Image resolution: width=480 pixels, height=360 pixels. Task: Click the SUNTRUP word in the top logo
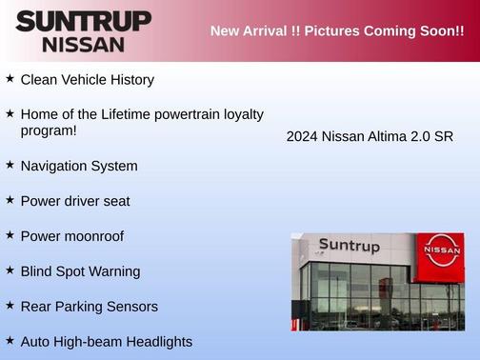[x=83, y=21]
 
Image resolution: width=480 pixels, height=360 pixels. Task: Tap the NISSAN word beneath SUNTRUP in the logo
[x=83, y=44]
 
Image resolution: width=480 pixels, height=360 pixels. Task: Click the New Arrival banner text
[x=337, y=31]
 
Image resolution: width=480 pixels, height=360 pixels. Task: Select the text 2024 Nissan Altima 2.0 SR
[x=370, y=136]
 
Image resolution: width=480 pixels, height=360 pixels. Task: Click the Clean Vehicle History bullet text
[x=87, y=80]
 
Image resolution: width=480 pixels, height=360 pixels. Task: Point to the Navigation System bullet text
[x=79, y=166]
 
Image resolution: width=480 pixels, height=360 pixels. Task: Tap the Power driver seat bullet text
[x=75, y=201]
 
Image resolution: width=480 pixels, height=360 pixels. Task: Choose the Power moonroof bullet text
[x=72, y=236]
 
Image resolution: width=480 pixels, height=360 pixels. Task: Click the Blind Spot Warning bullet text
[x=80, y=271]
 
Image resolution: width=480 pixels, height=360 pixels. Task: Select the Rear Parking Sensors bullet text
[x=90, y=307]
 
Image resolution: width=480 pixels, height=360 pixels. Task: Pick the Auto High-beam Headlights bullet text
[x=106, y=341]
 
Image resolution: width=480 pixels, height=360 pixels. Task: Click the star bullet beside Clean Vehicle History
[x=10, y=78]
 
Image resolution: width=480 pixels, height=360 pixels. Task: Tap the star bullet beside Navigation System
[x=10, y=165]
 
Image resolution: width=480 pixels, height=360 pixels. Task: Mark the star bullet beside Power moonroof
[x=10, y=234]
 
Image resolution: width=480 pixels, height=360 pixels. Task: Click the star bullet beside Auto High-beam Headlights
[x=10, y=339]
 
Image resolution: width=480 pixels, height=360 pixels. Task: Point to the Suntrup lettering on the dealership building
[x=349, y=246]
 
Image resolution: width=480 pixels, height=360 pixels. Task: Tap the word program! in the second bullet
[x=49, y=130]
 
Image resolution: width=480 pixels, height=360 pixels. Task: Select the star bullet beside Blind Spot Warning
[x=10, y=270]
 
